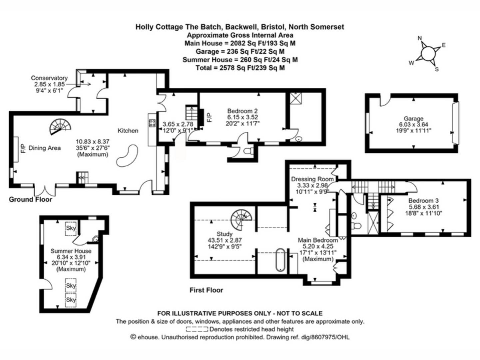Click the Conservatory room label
(49, 78)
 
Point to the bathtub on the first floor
(280, 259)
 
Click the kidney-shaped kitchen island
(127, 155)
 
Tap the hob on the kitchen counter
(152, 123)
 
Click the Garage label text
(413, 118)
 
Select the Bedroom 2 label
(242, 111)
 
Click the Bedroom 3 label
(423, 201)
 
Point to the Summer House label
(71, 251)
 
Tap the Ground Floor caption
(30, 199)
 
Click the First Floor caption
(206, 290)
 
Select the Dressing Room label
(312, 179)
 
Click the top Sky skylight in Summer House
(71, 228)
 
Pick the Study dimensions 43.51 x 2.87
(225, 240)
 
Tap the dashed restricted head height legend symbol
(197, 329)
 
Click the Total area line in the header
(240, 68)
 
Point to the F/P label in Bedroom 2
(209, 117)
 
